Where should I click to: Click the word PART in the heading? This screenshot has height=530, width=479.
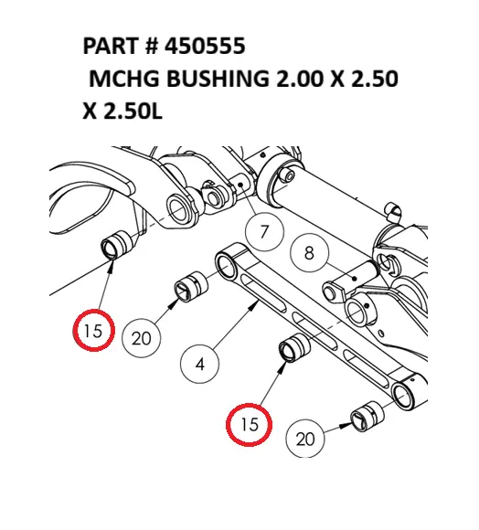tap(110, 47)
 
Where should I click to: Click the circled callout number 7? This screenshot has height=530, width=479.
tap(264, 232)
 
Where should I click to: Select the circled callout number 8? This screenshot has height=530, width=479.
tap(309, 253)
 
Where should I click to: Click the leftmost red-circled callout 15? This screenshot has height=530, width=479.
tap(92, 332)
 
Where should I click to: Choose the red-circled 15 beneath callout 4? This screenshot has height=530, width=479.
tap(250, 425)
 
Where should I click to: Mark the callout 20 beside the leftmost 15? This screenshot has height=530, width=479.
tap(141, 338)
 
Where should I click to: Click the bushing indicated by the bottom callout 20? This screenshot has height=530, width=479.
tap(367, 414)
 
